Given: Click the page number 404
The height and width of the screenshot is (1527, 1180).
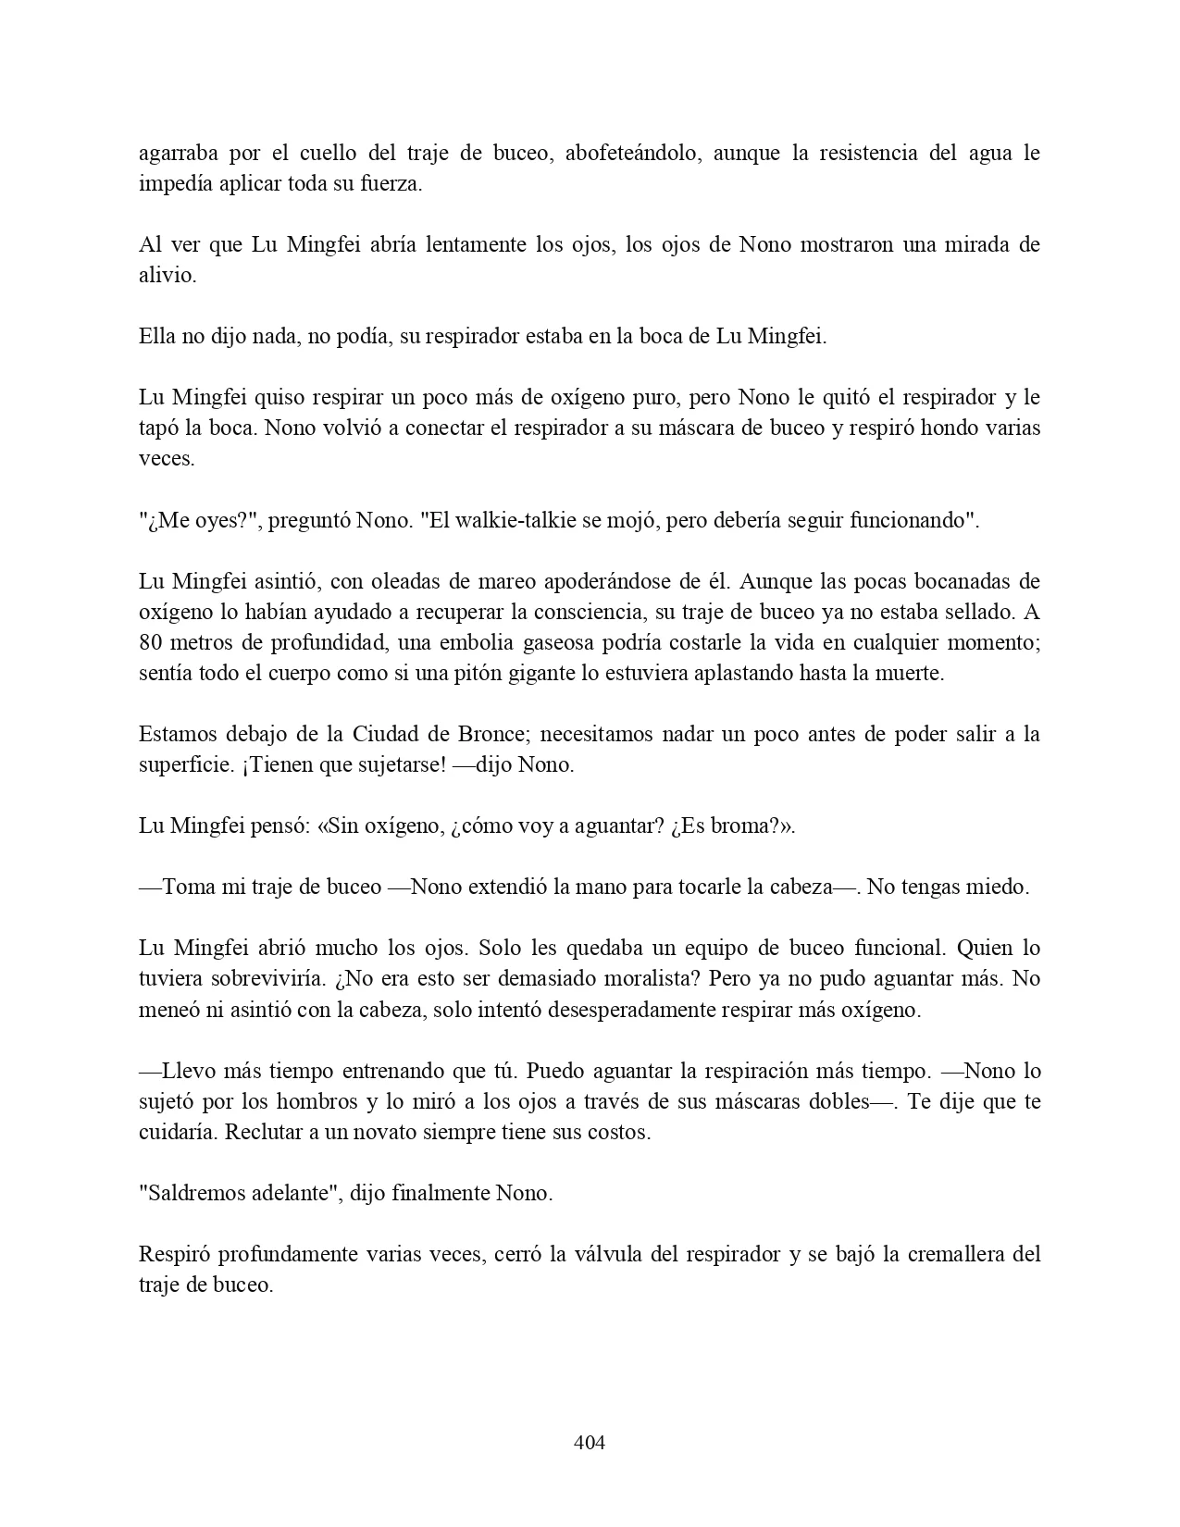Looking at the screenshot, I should (x=590, y=1442).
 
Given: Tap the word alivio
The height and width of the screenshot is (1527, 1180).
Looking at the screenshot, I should (x=167, y=276).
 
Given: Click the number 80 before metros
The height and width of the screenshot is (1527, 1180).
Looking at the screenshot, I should (x=151, y=642).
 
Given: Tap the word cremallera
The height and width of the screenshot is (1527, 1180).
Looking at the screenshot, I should (x=959, y=1254).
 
